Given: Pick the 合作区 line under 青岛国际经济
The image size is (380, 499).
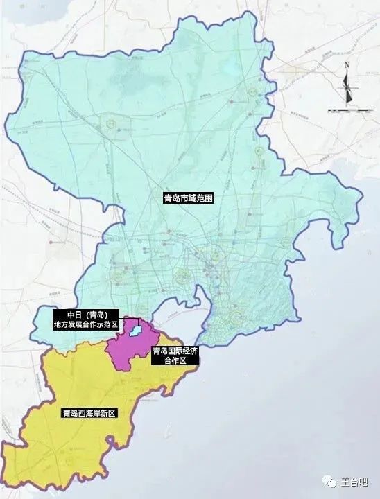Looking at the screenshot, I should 175,361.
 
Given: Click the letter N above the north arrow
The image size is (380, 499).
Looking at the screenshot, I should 346,65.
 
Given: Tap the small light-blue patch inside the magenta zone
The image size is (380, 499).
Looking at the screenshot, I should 138,331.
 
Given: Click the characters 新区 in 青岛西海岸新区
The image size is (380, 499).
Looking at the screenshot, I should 107,413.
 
